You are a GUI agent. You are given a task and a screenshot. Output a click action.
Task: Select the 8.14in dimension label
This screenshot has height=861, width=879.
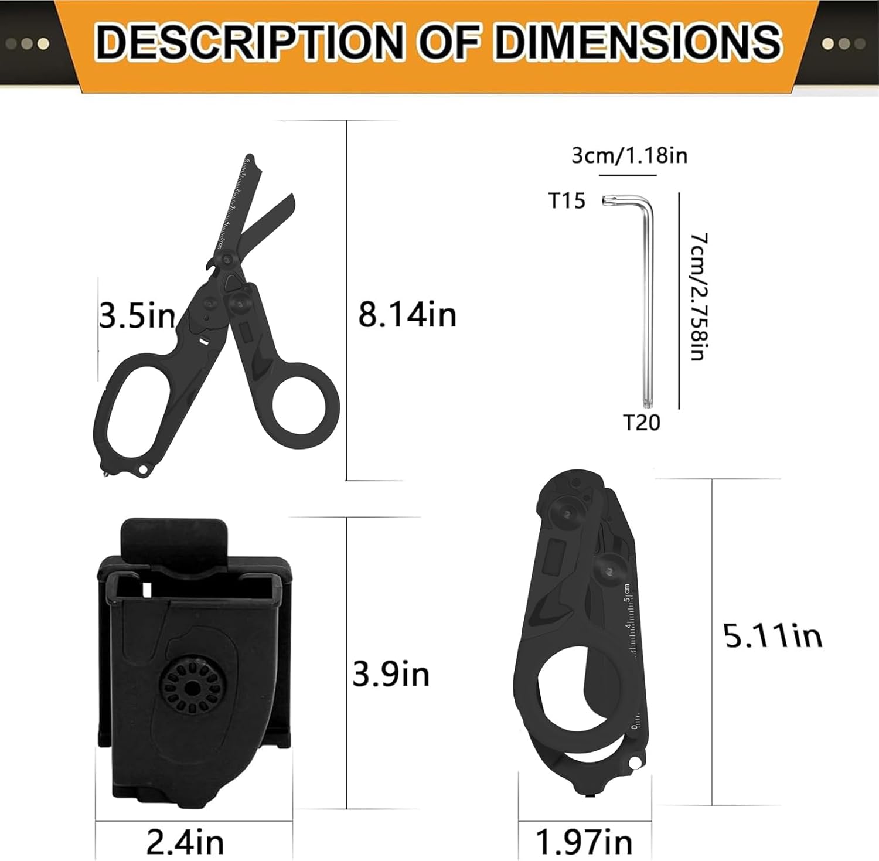click(407, 315)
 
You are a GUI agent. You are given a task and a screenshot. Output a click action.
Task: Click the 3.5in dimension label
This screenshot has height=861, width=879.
click(137, 317)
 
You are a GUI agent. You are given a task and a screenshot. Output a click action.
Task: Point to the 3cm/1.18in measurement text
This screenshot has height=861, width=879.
click(629, 155)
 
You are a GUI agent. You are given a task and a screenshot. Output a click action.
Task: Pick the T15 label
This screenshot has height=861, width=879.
click(567, 201)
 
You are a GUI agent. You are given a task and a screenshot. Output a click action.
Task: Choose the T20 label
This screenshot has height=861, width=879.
click(641, 423)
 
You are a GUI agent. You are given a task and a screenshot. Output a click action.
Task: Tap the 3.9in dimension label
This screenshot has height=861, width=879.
click(391, 674)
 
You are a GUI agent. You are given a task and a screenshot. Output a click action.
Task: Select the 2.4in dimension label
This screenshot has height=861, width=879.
click(185, 843)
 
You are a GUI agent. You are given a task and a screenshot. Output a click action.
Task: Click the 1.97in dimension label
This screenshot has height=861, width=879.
click(584, 843)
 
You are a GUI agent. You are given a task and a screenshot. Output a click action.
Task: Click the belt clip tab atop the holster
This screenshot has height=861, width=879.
click(173, 536)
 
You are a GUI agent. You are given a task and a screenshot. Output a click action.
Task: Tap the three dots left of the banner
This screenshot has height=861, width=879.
click(26, 43)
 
